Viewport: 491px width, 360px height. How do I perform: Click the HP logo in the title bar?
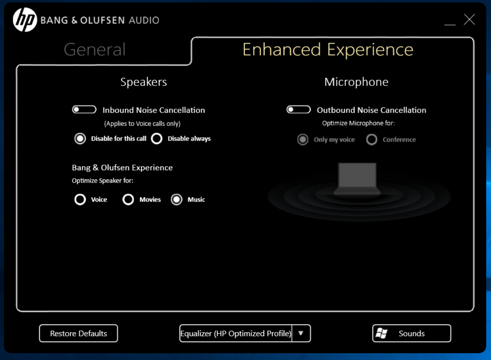pos(25,20)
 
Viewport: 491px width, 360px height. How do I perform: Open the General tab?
pos(95,50)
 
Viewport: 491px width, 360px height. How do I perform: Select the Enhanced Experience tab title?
pos(328,50)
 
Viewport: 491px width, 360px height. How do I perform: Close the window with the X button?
pos(469,20)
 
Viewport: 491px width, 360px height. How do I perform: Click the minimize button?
pos(450,25)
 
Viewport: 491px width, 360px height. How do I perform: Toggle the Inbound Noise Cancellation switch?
pos(84,109)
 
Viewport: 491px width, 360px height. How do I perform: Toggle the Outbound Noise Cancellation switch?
pos(299,109)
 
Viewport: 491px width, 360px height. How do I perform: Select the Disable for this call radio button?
pos(80,139)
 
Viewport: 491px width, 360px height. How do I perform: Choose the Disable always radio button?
pos(156,139)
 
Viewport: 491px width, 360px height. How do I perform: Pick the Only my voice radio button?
pos(303,139)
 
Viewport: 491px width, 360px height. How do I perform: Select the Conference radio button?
pos(371,139)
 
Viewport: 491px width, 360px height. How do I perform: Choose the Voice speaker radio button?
pos(80,199)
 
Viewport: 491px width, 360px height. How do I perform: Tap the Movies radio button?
pos(128,199)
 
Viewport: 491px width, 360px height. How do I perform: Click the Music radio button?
pos(176,199)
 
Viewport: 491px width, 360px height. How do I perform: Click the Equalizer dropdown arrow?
pos(301,333)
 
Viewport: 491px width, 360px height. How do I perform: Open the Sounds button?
pos(412,333)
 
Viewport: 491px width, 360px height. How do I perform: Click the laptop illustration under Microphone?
pos(357,179)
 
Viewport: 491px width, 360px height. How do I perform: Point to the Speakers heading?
pos(144,82)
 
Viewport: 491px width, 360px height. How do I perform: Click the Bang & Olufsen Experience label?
pos(122,167)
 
